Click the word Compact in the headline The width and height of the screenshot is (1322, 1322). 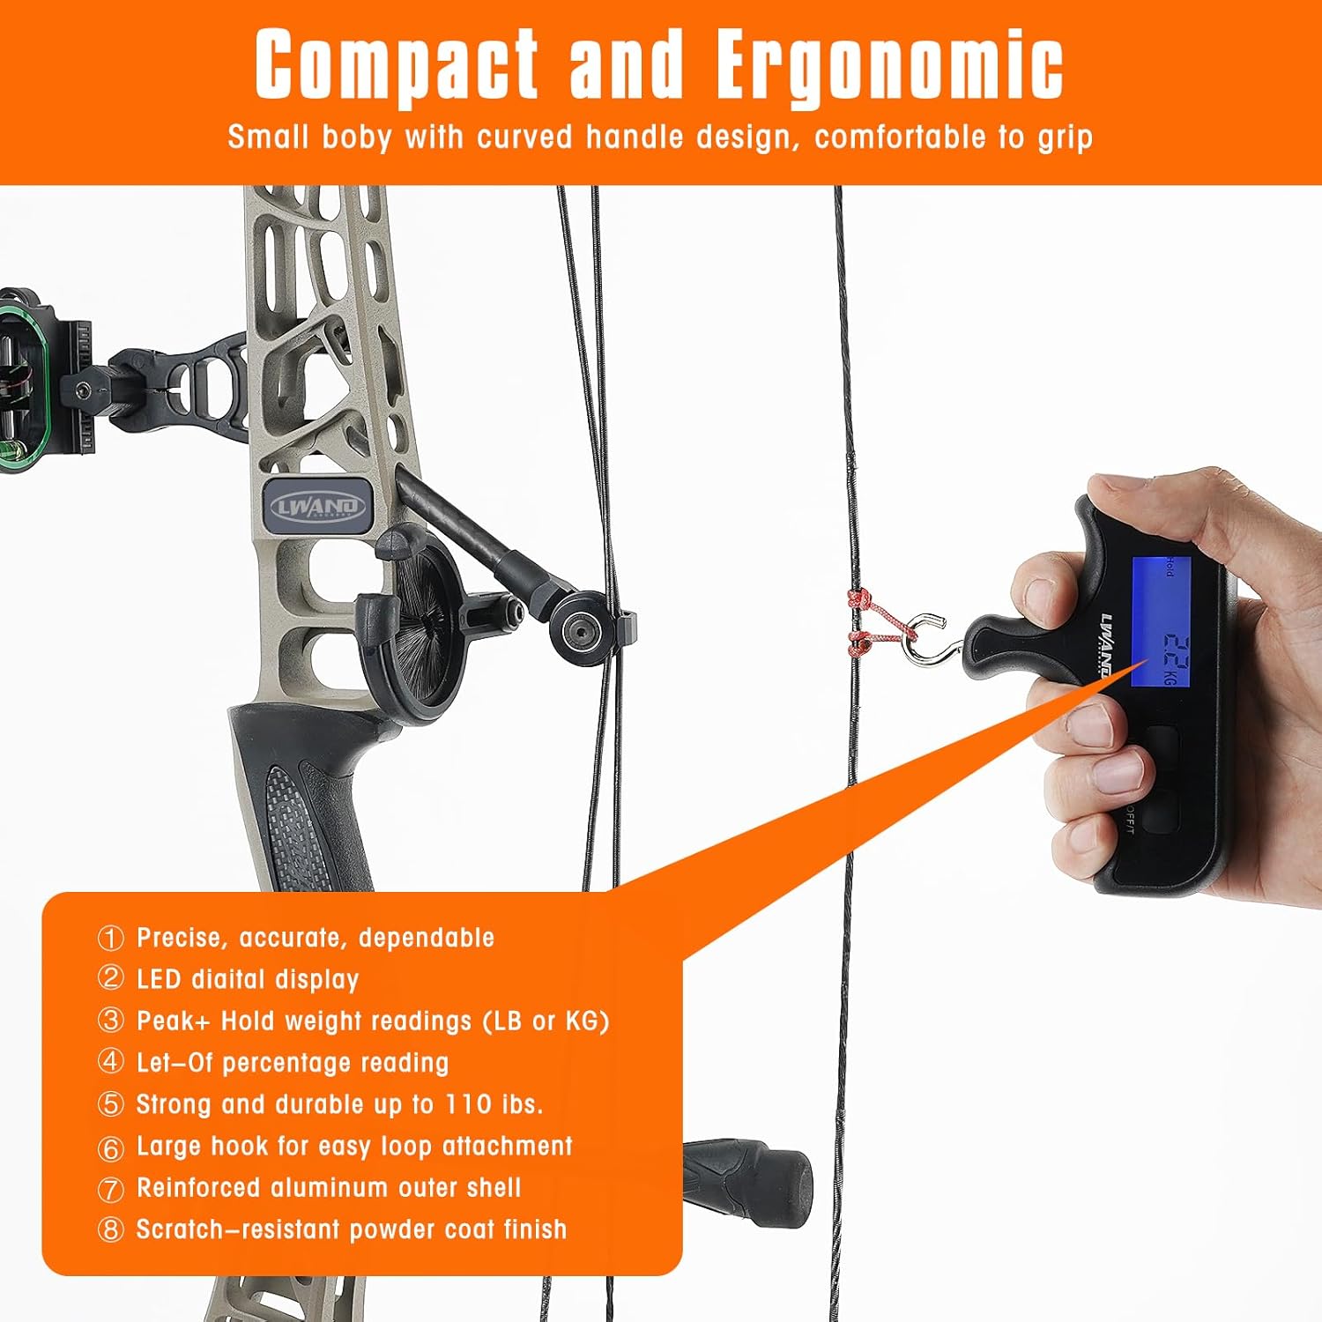pos(396,66)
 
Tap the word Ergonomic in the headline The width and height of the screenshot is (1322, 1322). pos(889,66)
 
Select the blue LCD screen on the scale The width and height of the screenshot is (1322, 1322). pos(1162,622)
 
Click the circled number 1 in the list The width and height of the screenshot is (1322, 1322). pos(110,938)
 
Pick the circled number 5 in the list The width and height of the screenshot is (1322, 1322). pos(110,1104)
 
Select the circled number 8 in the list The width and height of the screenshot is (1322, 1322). pos(110,1229)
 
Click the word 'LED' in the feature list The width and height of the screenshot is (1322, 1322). pos(159,979)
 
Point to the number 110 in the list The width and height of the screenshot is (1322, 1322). pos(469,1104)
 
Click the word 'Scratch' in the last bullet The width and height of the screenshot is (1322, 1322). pos(180,1229)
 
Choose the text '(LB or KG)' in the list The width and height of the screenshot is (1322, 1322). pos(546,1021)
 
